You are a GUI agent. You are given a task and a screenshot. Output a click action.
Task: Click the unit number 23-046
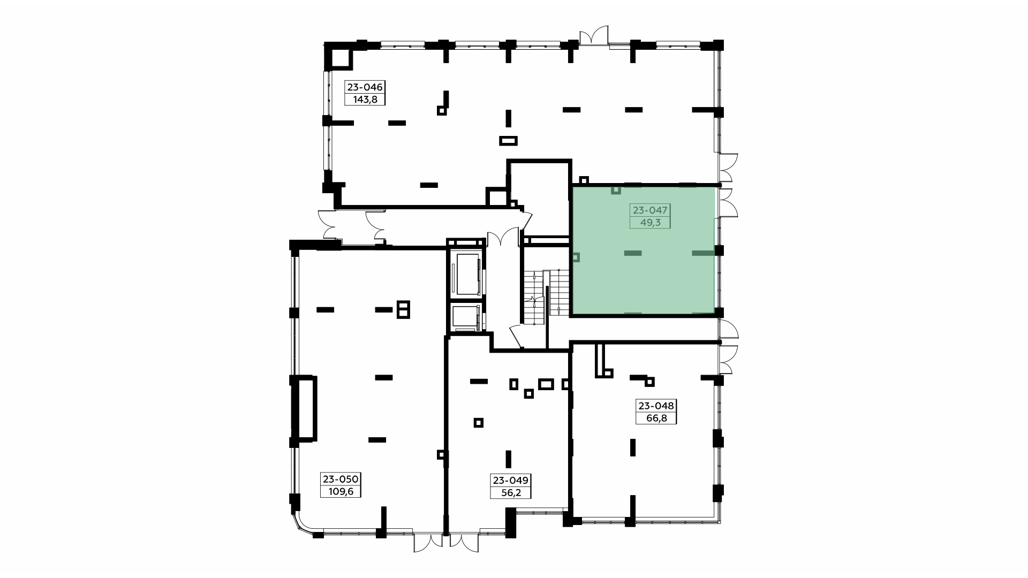365,87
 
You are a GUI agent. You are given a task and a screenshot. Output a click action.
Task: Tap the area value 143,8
365,100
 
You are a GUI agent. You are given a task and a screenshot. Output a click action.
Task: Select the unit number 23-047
650,210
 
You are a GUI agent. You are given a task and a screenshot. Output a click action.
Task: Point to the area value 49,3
650,223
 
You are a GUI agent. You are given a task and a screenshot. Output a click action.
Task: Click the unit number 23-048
656,406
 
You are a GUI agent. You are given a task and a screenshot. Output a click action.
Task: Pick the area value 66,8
656,418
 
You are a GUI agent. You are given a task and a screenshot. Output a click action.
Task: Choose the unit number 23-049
510,480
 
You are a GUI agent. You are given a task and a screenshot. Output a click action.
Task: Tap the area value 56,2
510,492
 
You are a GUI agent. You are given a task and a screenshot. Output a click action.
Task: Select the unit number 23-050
340,479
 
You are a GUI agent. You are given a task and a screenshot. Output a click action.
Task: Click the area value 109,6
340,491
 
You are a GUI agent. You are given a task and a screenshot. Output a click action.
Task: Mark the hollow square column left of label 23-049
479,423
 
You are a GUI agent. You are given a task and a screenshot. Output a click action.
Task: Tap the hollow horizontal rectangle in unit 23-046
508,141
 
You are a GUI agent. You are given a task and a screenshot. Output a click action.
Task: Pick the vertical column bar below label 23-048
633,447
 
